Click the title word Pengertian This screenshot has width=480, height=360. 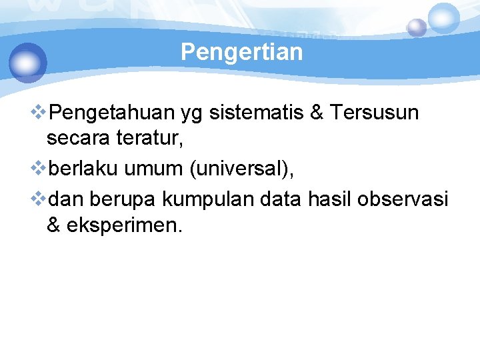click(241, 52)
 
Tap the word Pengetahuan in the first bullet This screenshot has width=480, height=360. click(113, 113)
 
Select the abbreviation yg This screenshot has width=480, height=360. click(192, 114)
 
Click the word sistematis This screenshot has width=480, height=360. click(257, 113)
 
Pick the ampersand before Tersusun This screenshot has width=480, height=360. click(317, 113)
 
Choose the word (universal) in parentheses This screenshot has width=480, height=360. click(241, 170)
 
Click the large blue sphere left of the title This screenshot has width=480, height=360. click(28, 62)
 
